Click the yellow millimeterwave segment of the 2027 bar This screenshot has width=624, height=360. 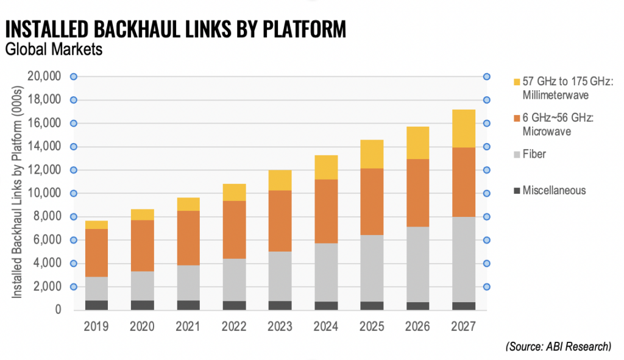463,129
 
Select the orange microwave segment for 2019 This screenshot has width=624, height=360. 96,253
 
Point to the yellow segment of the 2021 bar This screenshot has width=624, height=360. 189,204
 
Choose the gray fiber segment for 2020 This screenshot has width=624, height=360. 143,286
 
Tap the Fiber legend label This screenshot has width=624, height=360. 534,154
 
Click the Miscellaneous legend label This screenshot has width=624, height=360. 554,191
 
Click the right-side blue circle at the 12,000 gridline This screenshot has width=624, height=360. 487,170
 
